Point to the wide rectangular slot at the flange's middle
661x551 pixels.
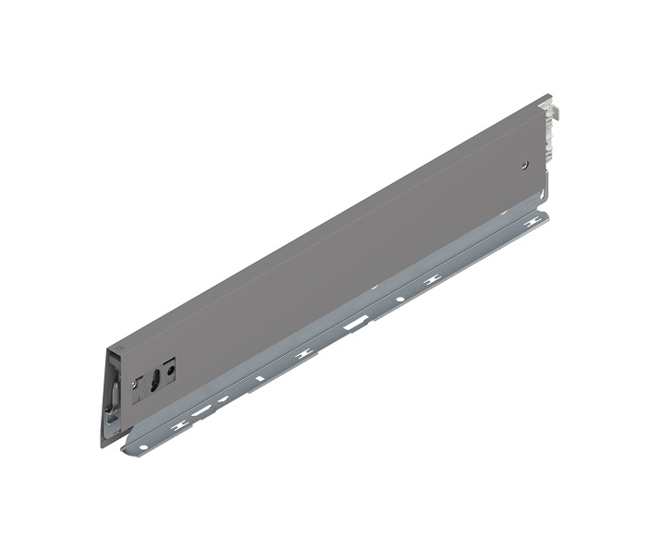click(352, 324)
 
